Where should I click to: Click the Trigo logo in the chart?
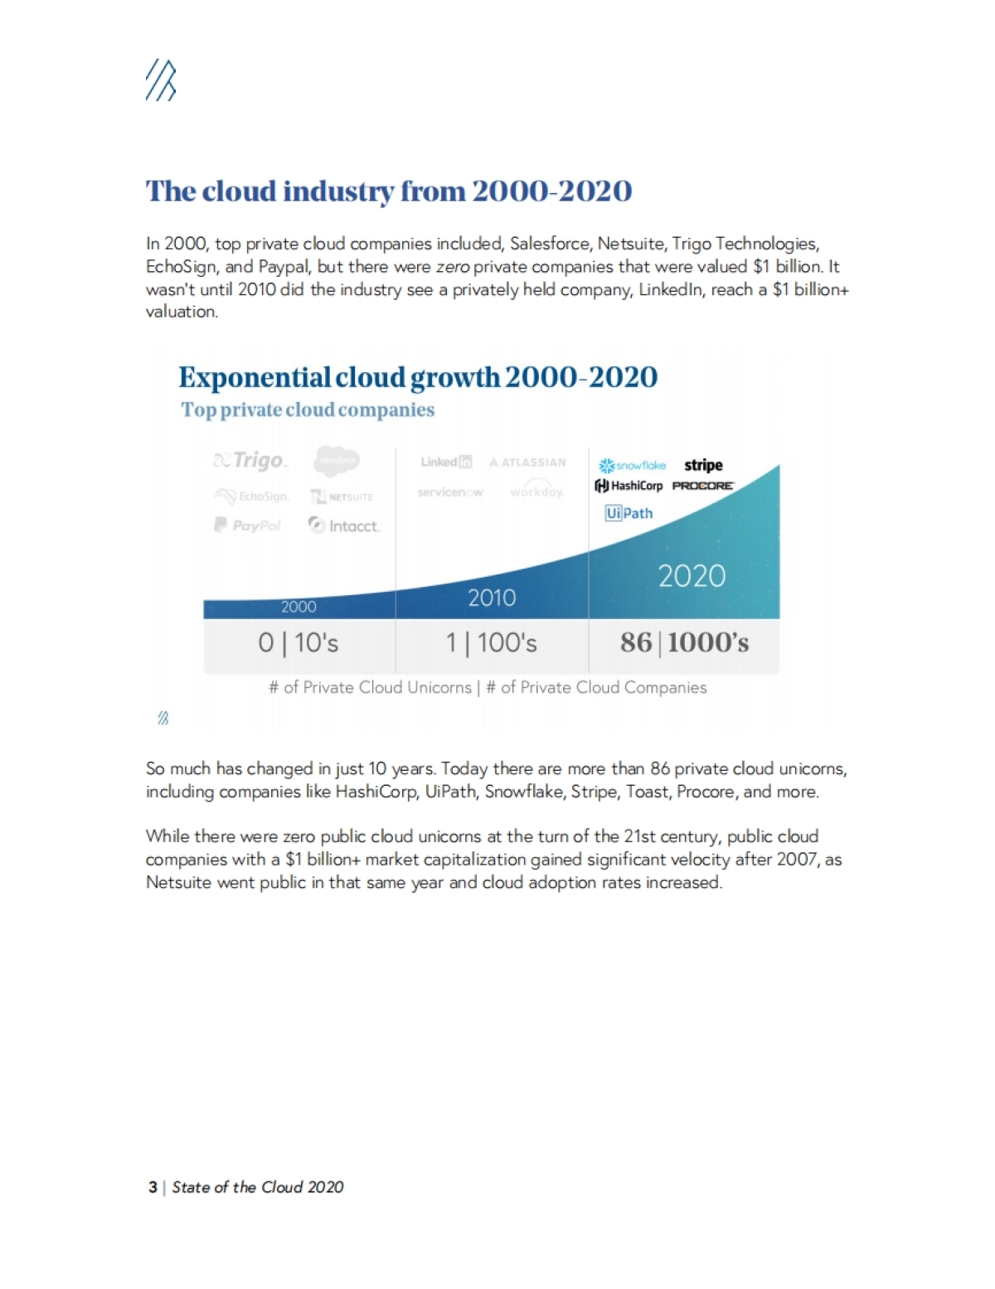click(x=250, y=460)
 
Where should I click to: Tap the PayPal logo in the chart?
click(x=248, y=525)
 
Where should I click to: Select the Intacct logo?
click(x=344, y=526)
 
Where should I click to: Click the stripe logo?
click(x=703, y=465)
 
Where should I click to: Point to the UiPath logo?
click(x=629, y=513)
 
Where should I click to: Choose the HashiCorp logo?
click(x=629, y=486)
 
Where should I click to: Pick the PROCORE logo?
click(x=703, y=486)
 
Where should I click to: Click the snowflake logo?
click(x=633, y=466)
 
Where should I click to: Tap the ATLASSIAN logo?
click(x=527, y=463)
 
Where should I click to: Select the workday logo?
click(x=536, y=492)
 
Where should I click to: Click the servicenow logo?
click(x=450, y=492)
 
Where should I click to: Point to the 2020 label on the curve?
click(x=692, y=576)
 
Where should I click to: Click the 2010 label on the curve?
click(x=492, y=598)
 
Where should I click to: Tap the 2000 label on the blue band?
click(x=298, y=607)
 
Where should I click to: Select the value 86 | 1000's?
click(x=684, y=642)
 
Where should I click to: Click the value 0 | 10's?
click(x=298, y=642)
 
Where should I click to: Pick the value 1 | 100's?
click(x=492, y=642)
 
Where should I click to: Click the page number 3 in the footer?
click(x=153, y=1187)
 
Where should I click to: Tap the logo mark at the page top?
click(x=161, y=81)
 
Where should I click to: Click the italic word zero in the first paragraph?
click(x=453, y=267)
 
